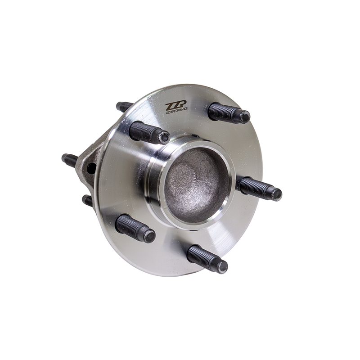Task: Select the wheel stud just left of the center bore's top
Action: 148,133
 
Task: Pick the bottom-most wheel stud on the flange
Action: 207,259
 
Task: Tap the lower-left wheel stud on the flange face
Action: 135,228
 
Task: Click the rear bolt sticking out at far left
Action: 72,159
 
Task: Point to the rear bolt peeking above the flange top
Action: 124,107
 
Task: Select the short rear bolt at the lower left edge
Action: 87,200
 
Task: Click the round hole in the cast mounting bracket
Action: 91,169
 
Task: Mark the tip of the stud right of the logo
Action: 244,117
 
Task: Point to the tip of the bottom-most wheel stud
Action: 222,267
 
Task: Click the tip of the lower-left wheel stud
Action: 149,236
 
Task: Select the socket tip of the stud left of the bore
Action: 164,137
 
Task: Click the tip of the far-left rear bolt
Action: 64,157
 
